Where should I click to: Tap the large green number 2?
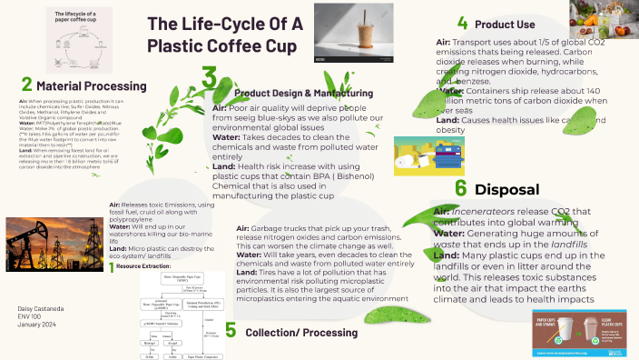26,85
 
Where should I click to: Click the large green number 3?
209,78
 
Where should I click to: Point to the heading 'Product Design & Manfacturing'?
303,93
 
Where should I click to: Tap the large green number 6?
461,188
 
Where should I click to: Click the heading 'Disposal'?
506,190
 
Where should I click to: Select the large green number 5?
231,329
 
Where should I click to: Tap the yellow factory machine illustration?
428,156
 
